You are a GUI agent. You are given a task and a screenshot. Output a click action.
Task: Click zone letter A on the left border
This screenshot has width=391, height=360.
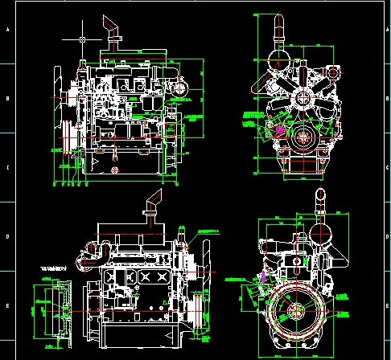click(7, 30)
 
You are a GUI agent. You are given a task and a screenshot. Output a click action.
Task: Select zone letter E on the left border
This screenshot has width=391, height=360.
click(7, 306)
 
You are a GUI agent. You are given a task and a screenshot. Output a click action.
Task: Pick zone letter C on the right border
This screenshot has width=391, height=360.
click(384, 168)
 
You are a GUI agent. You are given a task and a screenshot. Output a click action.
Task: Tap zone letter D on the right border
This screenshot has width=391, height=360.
click(384, 237)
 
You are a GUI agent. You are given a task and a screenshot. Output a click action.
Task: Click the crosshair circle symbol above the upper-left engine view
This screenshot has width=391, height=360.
click(83, 38)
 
